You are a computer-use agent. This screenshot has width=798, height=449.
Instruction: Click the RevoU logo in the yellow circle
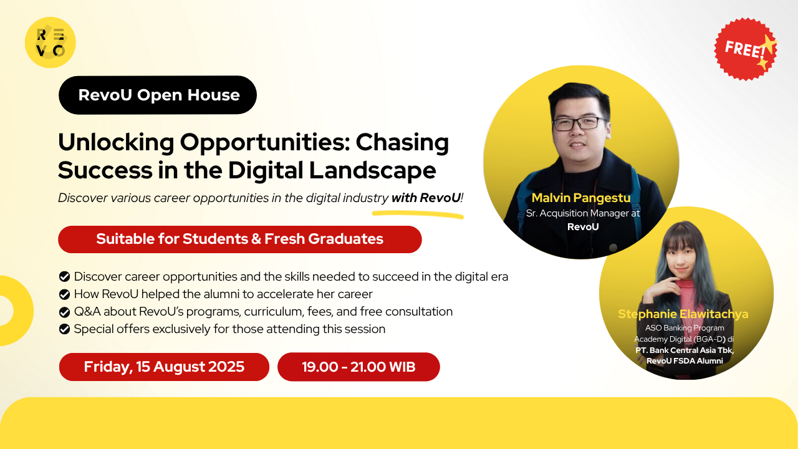50,42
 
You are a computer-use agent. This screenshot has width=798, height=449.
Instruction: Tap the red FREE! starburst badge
746,49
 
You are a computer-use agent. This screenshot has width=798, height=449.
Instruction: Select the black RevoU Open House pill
158,95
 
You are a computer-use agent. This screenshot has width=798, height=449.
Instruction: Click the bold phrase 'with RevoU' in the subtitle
426,198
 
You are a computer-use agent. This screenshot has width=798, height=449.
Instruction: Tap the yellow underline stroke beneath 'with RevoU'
418,215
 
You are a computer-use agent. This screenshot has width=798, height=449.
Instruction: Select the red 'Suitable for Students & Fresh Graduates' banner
240,239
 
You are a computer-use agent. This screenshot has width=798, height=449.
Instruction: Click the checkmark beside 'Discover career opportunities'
64,276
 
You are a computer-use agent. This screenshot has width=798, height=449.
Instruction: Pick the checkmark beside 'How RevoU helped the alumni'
64,294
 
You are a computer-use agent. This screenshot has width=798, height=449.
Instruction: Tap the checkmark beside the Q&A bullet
64,311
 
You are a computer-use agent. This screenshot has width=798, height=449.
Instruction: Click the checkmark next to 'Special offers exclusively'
64,329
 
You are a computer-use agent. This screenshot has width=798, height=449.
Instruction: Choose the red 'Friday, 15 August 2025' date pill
164,367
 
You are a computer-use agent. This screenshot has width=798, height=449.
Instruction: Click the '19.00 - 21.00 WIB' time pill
358,367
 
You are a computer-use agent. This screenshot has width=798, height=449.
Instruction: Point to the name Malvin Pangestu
581,198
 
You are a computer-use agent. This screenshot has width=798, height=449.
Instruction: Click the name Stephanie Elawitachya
683,314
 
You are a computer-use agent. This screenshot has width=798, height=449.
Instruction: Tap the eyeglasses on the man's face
580,123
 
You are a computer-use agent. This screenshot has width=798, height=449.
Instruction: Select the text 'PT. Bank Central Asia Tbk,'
685,350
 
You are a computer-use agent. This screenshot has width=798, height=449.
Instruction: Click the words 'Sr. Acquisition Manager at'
583,213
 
